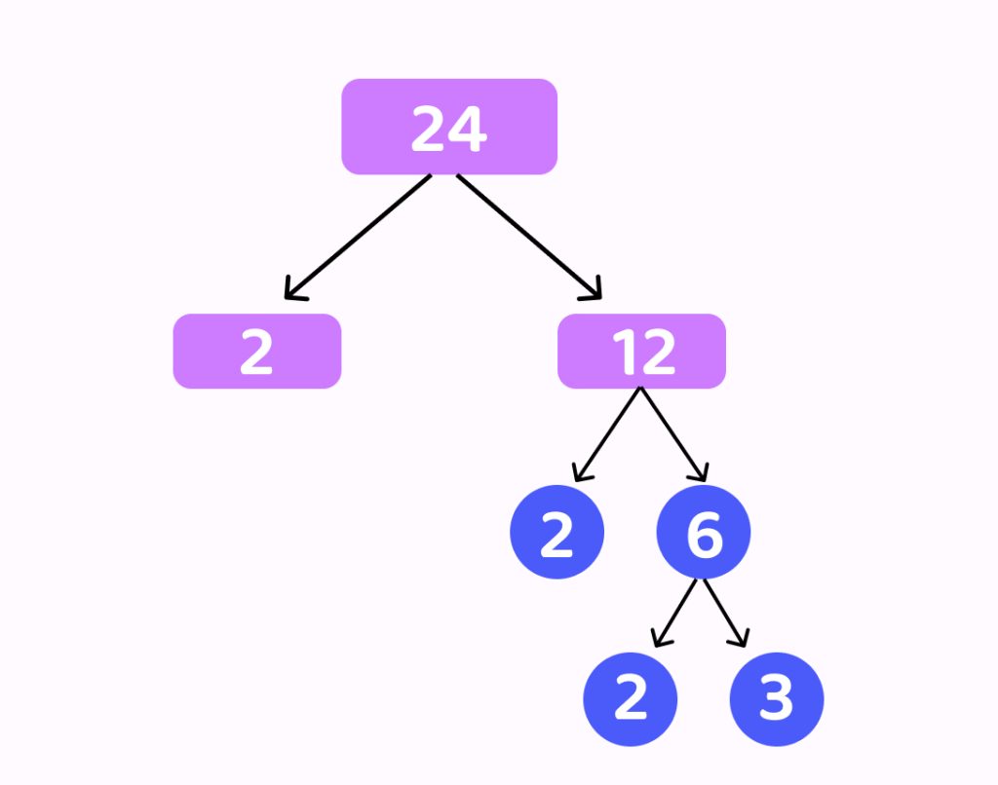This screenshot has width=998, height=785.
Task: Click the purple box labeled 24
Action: coord(448,127)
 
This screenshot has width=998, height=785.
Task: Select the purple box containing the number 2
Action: coord(256,352)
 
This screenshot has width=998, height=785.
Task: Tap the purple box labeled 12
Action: coord(641,352)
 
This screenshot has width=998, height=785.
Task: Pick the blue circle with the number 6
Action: coord(703,532)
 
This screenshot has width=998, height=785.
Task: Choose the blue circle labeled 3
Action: coord(777,699)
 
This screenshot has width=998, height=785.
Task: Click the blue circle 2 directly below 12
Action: coord(557,532)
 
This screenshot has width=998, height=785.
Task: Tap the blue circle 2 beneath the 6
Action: coord(630,699)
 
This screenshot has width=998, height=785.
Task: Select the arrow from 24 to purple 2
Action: coord(358,237)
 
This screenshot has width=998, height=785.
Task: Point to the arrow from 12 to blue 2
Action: coord(608,433)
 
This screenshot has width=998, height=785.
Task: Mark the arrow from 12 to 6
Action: coord(672,433)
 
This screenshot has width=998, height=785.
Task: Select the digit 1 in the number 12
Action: coord(624,352)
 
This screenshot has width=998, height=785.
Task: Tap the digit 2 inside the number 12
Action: coord(656,352)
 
